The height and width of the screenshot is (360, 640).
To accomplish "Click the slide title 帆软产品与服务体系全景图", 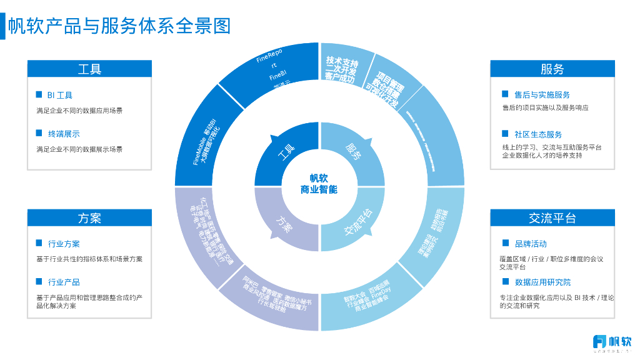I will [x=119, y=26].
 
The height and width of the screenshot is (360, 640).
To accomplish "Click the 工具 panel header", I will [x=89, y=69].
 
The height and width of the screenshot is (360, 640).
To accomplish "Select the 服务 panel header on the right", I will [x=552, y=69].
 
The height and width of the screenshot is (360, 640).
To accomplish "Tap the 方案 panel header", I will [x=89, y=217].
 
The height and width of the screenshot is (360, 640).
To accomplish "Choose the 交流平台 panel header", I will [x=552, y=217].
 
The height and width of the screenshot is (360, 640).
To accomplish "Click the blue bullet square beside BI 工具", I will [x=39, y=95].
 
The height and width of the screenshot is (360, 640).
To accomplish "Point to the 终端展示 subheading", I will [x=64, y=134].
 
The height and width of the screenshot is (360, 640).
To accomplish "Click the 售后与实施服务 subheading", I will [x=542, y=95].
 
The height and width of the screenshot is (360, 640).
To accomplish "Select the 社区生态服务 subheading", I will [x=538, y=134].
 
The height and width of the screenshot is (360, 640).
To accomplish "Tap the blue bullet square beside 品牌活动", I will [x=505, y=243].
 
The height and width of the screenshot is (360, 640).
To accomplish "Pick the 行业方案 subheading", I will [x=64, y=244].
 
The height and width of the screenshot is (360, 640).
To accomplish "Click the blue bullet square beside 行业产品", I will [x=39, y=282].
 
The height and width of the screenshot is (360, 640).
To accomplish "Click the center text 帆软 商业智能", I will [x=319, y=184].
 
